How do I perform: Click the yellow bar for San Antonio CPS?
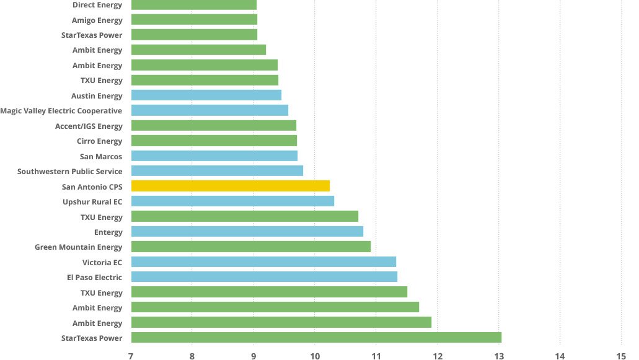click(x=230, y=186)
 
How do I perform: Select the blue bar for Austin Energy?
click(x=206, y=95)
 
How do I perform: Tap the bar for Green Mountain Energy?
click(x=250, y=247)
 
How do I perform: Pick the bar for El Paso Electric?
click(x=264, y=277)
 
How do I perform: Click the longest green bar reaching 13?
click(x=316, y=338)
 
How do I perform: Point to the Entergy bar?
click(x=247, y=232)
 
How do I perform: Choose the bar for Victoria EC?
click(x=263, y=262)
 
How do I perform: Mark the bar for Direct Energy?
click(x=194, y=5)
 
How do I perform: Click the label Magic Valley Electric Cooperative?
click(x=61, y=111)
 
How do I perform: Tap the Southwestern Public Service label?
click(x=70, y=172)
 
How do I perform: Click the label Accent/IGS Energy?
click(x=89, y=126)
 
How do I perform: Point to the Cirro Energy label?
click(x=99, y=141)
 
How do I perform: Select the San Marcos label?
click(x=101, y=157)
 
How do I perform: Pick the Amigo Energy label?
click(x=97, y=20)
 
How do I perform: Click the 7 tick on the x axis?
click(x=131, y=356)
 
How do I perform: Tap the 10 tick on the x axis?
click(x=314, y=356)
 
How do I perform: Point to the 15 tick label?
click(x=621, y=356)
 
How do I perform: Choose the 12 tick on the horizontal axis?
click(x=437, y=356)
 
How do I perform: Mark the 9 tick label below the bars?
click(x=253, y=356)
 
